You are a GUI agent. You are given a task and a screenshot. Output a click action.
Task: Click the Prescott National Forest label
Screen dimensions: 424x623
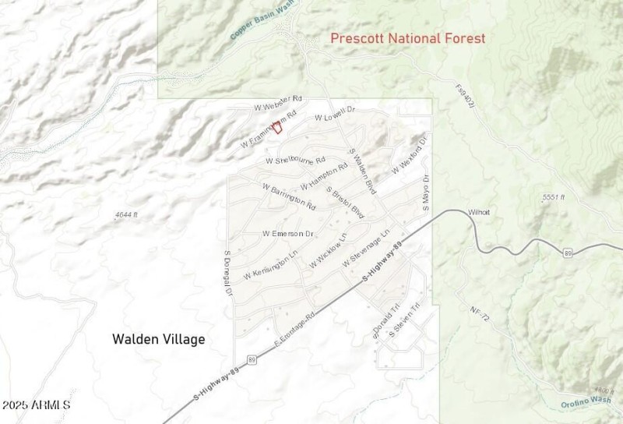[x=407, y=38]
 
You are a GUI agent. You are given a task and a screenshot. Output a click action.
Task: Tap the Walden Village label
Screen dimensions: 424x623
[x=159, y=339]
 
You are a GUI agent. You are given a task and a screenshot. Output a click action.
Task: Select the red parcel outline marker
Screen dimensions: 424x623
[x=276, y=127]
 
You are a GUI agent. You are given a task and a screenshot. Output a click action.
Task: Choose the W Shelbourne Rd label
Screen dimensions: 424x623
[x=295, y=161]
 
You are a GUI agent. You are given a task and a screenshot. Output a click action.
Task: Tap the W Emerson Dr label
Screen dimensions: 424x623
[x=288, y=234]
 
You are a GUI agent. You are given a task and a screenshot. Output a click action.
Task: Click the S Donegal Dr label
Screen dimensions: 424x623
[x=228, y=274]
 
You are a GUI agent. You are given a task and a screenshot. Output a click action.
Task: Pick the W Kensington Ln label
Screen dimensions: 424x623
[x=270, y=265]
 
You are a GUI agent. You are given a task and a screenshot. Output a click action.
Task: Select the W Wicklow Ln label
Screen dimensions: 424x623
[x=328, y=251]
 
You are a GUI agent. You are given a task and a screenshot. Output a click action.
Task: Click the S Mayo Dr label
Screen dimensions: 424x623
[x=425, y=193]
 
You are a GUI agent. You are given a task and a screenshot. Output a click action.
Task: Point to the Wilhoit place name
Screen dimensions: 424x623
[x=479, y=212]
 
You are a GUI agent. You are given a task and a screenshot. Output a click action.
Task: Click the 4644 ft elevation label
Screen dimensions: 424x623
[x=125, y=214]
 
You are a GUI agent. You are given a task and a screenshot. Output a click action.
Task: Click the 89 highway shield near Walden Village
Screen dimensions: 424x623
[x=252, y=359]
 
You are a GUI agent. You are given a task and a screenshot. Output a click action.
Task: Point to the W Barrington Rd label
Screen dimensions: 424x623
[x=289, y=198]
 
